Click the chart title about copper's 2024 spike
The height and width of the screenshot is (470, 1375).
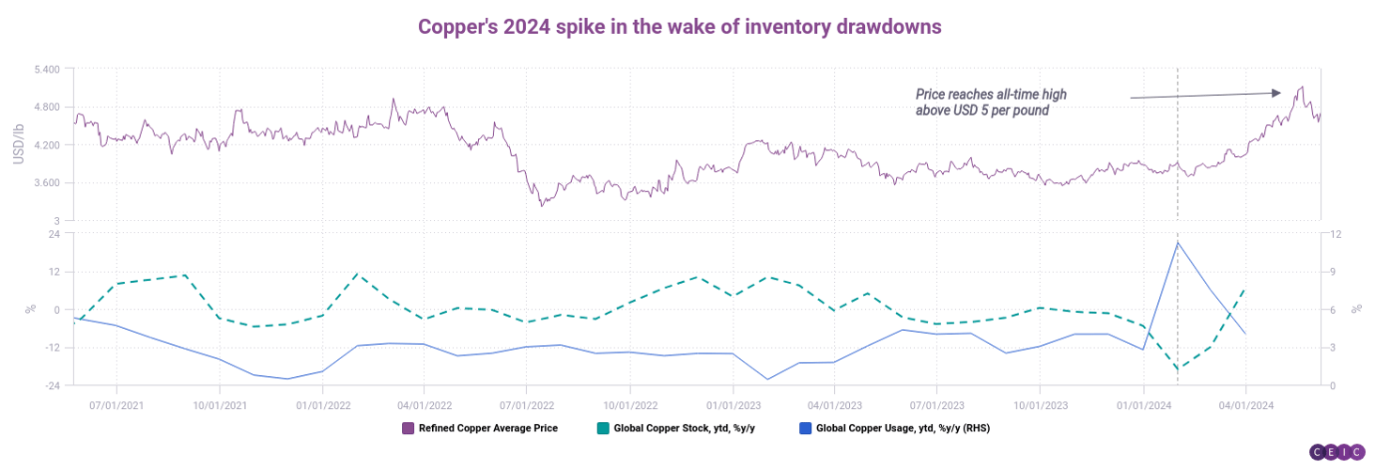click(x=679, y=26)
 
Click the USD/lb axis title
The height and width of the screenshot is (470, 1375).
click(x=18, y=145)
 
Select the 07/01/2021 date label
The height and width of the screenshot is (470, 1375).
click(x=116, y=406)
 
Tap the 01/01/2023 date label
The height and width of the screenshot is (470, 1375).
click(x=733, y=406)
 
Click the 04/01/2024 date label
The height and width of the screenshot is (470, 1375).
click(x=1245, y=406)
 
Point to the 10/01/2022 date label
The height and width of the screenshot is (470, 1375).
click(x=629, y=406)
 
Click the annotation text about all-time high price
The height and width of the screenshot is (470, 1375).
click(x=991, y=102)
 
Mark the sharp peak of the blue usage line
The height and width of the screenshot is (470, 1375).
click(x=1178, y=243)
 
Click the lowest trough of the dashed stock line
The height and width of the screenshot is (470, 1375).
click(x=1178, y=368)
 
